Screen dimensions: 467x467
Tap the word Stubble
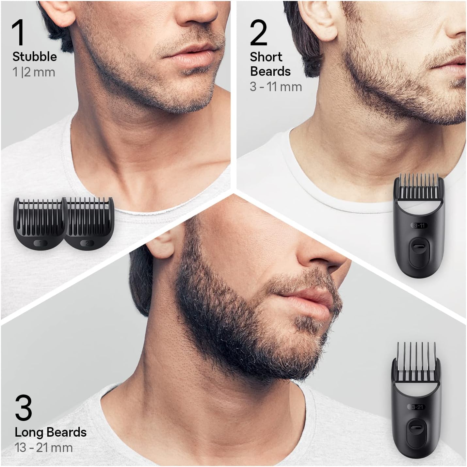35,57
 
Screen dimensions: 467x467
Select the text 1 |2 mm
34,72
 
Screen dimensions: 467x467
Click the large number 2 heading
259,33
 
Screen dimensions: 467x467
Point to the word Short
266,57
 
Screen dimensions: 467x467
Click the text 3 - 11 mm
276,87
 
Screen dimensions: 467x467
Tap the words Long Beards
51,432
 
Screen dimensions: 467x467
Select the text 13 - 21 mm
44,448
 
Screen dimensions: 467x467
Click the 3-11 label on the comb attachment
419,226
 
